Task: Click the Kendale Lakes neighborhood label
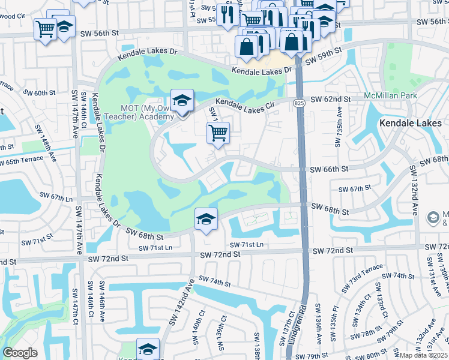411,123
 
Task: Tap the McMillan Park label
390,96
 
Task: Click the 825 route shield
298,104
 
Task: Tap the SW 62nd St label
330,99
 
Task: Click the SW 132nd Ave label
414,190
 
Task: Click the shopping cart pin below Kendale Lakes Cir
218,133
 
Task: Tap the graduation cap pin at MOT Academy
181,101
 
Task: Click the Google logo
20,353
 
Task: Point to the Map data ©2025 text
424,355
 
